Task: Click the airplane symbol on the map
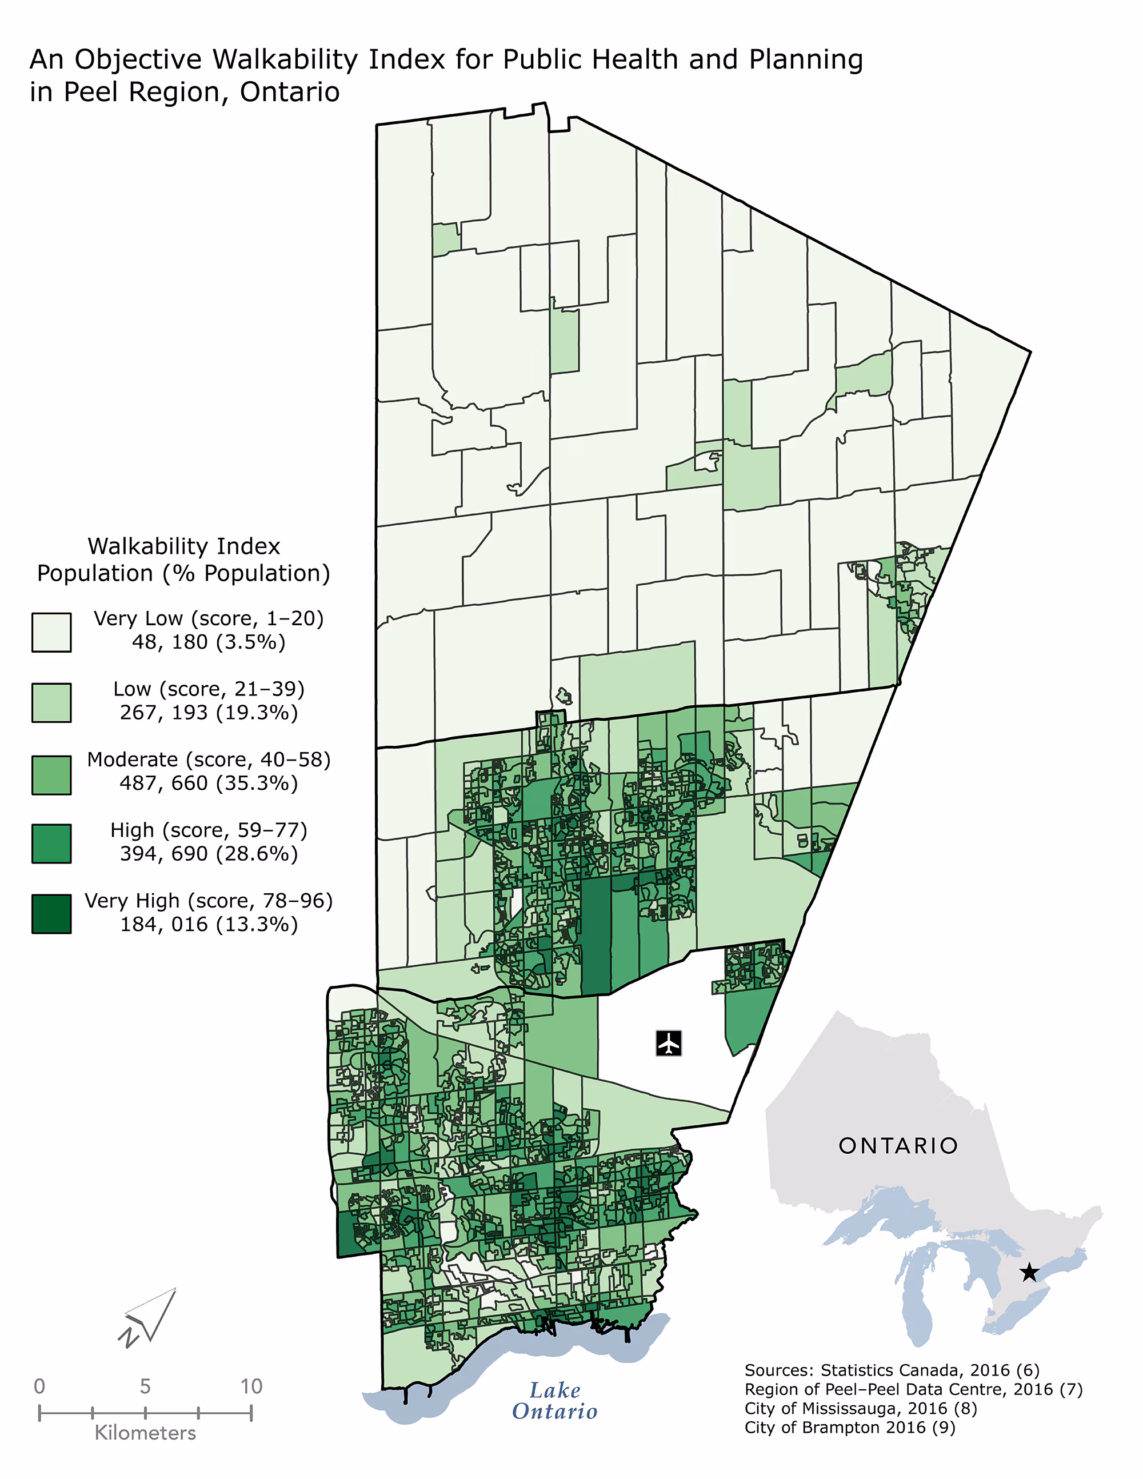pos(668,1043)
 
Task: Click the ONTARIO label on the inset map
pos(898,1146)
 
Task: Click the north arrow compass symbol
pos(150,1317)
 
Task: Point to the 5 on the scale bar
pos(145,1386)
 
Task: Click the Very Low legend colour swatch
pos(51,633)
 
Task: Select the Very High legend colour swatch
pos(51,914)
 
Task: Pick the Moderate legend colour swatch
pos(51,775)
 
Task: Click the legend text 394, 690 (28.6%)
pos(209,853)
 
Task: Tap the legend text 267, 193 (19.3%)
pos(209,713)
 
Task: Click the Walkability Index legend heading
pos(183,546)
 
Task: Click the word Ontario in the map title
pos(289,92)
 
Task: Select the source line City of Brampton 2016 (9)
pos(849,1428)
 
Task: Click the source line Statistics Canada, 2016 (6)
pos(891,1370)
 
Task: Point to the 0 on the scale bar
pos(39,1386)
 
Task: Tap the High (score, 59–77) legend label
pos(209,830)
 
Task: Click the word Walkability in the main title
pos(285,59)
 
